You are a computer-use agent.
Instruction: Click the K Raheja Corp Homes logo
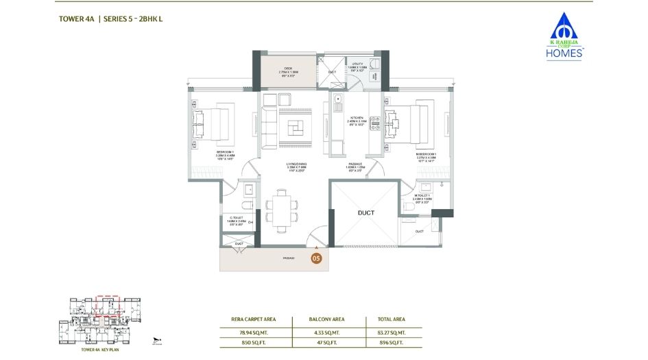pos(563,37)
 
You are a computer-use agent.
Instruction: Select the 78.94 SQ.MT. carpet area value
pos(254,332)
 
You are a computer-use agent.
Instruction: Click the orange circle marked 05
pos(316,259)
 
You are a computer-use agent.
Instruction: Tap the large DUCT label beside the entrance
pos(365,213)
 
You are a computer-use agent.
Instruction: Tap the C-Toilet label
pos(235,220)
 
